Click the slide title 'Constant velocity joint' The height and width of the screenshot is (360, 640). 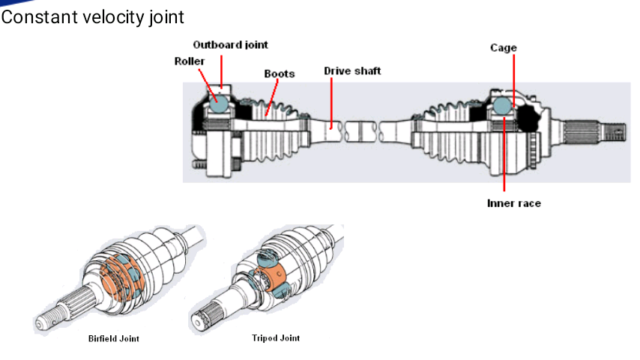[93, 17]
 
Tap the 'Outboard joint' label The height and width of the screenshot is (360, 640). [230, 45]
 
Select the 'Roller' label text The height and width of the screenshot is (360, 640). [190, 61]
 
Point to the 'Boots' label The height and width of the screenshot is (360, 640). [280, 74]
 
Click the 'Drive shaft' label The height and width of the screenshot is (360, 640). [352, 71]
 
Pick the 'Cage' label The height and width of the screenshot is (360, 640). [504, 48]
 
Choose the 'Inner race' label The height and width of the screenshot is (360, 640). [514, 203]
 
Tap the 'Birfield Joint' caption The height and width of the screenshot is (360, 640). [114, 339]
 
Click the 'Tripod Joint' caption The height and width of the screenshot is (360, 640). [276, 338]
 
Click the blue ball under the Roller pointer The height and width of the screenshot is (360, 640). [218, 102]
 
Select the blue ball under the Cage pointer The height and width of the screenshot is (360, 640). [502, 106]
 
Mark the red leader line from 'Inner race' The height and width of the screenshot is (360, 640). [504, 154]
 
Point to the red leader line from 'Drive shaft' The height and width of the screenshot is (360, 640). [331, 103]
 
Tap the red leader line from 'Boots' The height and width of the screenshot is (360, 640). [272, 97]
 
